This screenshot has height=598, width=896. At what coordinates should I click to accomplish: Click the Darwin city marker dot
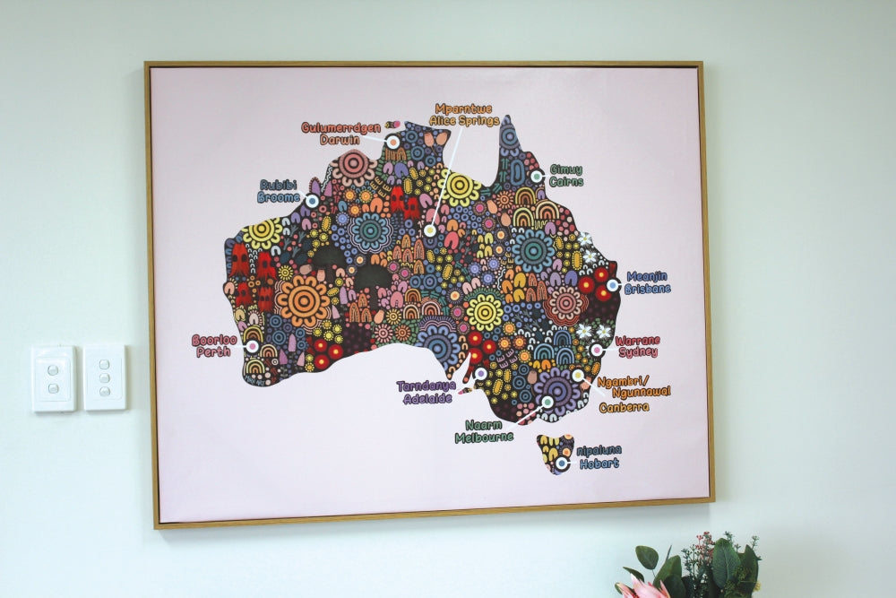tap(392, 142)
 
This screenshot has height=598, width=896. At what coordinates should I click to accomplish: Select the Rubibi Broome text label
tap(279, 190)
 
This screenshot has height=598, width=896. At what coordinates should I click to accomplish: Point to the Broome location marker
tap(312, 201)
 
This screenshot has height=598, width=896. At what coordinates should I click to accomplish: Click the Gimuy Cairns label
tap(565, 175)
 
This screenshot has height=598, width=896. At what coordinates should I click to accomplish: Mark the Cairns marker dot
tap(536, 177)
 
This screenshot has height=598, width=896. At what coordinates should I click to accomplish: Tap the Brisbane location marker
tap(612, 285)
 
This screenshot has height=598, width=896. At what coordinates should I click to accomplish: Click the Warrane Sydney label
tap(637, 346)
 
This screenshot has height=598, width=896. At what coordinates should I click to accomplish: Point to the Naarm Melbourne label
tap(484, 431)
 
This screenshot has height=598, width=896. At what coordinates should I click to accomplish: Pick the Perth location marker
tap(252, 346)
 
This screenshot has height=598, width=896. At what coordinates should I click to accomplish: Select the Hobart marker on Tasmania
tap(561, 464)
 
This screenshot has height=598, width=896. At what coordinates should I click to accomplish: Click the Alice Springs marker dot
tap(430, 230)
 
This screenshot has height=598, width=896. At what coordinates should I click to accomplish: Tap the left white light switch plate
tap(53, 377)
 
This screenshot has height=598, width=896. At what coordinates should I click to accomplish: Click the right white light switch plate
tap(105, 377)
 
